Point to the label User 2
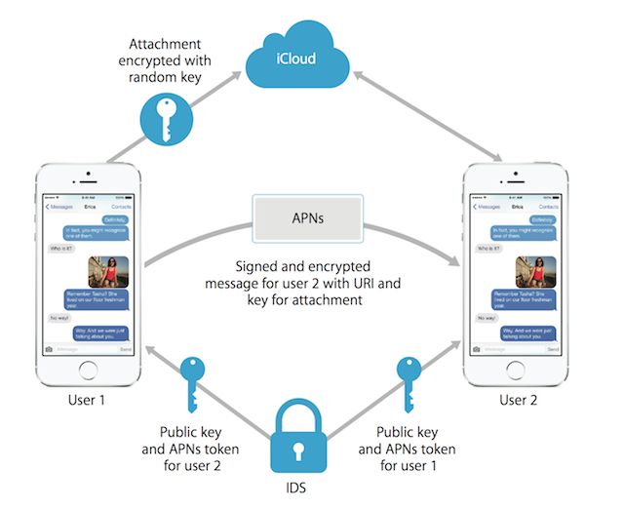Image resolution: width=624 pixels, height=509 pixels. coord(518,400)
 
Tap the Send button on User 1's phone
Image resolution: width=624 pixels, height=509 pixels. coord(125,348)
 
